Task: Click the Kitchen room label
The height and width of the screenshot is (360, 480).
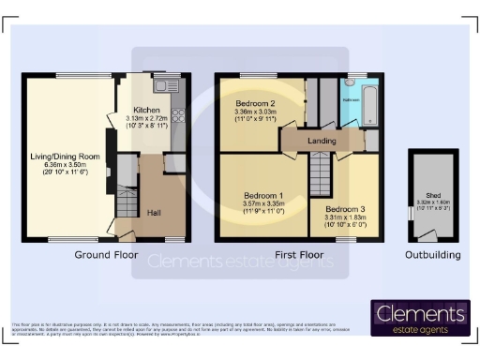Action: [147, 109]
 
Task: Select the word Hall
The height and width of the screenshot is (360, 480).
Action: [155, 213]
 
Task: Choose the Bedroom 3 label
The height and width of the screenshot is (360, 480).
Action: [344, 210]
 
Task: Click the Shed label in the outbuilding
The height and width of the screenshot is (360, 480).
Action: [433, 195]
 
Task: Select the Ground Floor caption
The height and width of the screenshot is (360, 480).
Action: [106, 255]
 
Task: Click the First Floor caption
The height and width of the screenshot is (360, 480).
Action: [298, 255]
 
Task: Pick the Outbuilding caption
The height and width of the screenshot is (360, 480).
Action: [432, 255]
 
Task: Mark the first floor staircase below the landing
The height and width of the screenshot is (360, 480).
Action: [322, 173]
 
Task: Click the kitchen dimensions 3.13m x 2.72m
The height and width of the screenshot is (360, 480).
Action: [147, 119]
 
